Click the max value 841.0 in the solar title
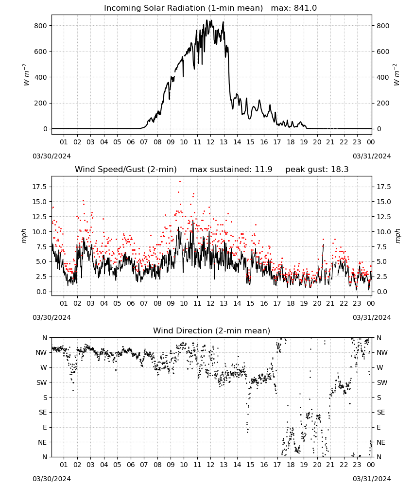[305, 8]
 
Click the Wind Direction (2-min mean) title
[212, 330]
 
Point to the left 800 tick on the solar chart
[41, 26]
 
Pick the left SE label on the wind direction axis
[43, 412]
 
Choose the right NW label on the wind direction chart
[382, 352]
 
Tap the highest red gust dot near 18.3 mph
[180, 182]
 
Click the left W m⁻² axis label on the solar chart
[26, 75]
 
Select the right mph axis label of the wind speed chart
[397, 236]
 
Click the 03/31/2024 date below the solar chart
[372, 156]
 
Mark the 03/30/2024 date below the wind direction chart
[52, 479]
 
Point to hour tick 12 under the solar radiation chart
[210, 142]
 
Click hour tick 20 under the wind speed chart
[317, 303]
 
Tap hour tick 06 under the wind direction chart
[130, 465]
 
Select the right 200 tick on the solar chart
[383, 103]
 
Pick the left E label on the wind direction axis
[45, 427]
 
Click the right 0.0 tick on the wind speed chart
[382, 292]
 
